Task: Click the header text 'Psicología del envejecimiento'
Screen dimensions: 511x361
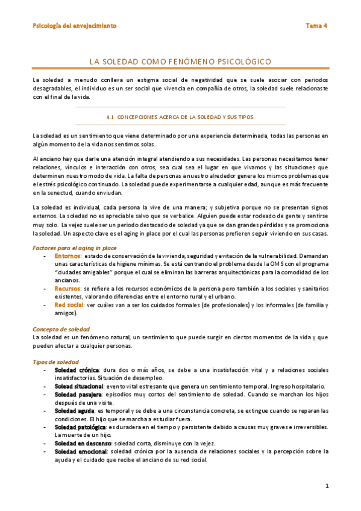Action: pyautogui.click(x=75, y=26)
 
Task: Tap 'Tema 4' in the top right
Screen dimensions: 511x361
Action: pyautogui.click(x=316, y=26)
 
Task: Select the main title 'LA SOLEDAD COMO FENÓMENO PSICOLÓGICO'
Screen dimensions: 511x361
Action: pyautogui.click(x=180, y=61)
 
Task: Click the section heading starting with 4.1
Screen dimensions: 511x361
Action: pyautogui.click(x=180, y=117)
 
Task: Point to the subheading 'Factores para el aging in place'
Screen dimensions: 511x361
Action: pyautogui.click(x=74, y=248)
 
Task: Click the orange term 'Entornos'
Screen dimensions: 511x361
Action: pyautogui.click(x=67, y=256)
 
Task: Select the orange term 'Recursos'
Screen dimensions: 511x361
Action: pyautogui.click(x=68, y=289)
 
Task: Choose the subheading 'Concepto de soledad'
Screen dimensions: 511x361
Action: pyautogui.click(x=61, y=329)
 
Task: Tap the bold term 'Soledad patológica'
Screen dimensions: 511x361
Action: pyautogui.click(x=80, y=427)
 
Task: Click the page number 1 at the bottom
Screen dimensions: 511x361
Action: pyautogui.click(x=327, y=486)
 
